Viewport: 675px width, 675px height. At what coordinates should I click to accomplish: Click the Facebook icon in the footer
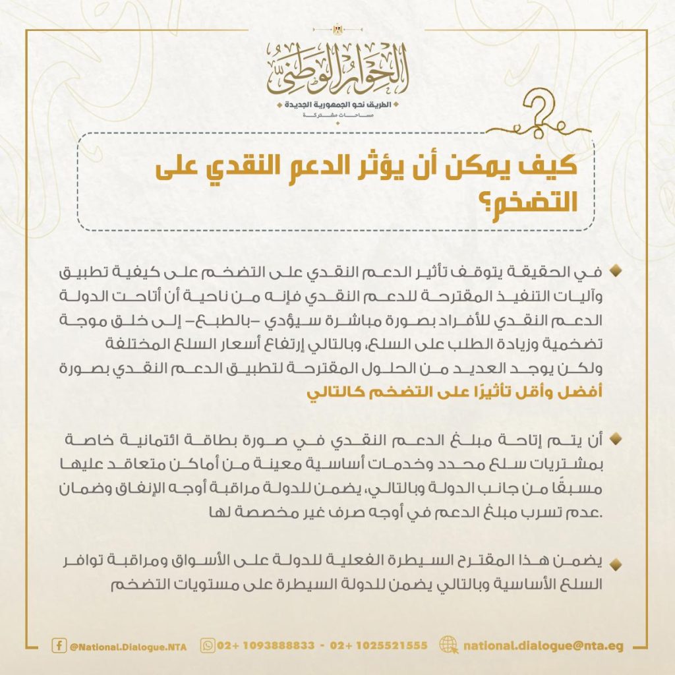(x=59, y=646)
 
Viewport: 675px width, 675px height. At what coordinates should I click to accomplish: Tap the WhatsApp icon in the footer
(x=208, y=646)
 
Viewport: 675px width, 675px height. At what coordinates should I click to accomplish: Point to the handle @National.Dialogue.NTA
(x=128, y=647)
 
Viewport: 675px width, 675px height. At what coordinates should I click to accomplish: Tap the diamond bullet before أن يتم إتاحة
(x=618, y=438)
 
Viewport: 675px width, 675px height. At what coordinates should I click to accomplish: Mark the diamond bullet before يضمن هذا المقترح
(x=618, y=563)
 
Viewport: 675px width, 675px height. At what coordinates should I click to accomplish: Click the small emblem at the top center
(x=337, y=30)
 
